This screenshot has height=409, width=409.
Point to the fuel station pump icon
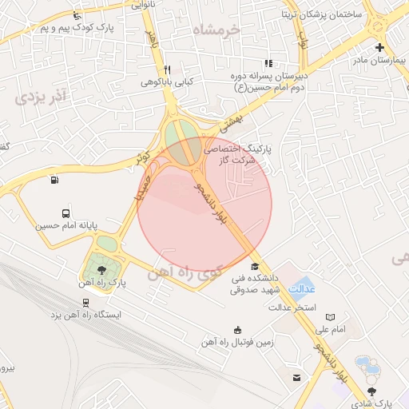[54, 179]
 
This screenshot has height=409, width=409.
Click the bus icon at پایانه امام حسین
[66, 213]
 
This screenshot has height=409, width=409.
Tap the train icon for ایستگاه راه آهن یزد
[85, 302]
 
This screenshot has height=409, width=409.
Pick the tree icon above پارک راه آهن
[100, 268]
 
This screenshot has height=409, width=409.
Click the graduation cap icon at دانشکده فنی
[255, 266]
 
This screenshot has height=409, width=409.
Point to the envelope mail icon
[296, 376]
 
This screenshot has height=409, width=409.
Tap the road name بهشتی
[231, 121]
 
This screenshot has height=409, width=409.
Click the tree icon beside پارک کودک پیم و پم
[77, 16]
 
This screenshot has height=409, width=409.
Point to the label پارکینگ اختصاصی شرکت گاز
[238, 154]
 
